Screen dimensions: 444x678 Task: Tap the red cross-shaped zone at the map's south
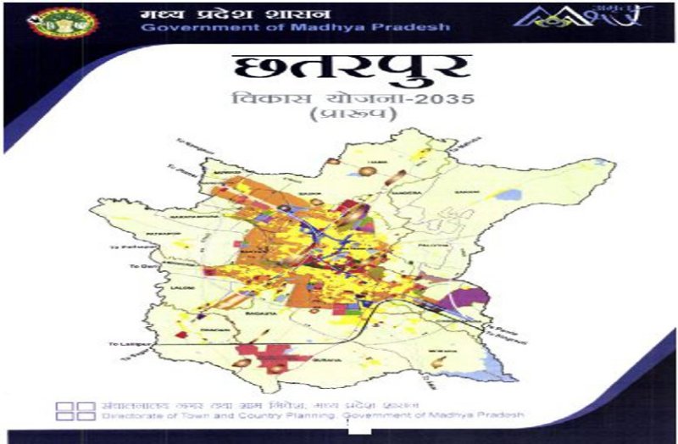coord(264,355)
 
